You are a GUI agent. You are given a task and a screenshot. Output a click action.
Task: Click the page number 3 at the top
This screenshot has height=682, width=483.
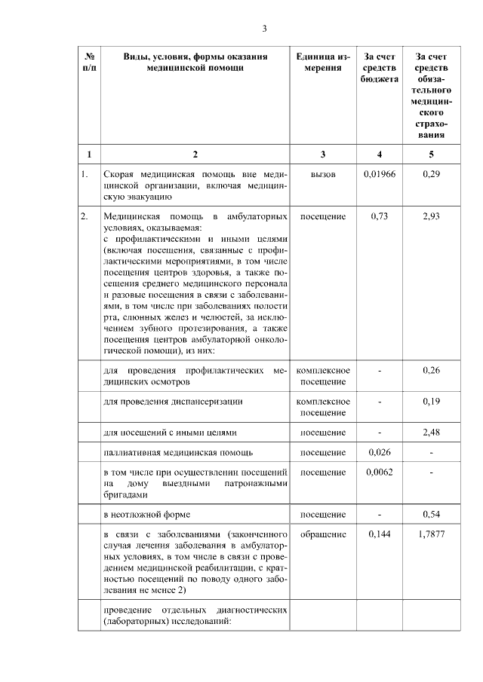click(264, 29)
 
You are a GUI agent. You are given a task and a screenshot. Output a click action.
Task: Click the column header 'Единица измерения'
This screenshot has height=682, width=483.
click(322, 61)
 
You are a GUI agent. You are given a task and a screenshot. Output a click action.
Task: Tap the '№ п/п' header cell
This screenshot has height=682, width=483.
click(89, 61)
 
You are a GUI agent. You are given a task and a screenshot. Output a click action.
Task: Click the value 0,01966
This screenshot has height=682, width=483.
click(379, 174)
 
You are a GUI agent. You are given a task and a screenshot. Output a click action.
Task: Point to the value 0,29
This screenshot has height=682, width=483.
click(431, 174)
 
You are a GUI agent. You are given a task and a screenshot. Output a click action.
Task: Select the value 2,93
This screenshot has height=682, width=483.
click(431, 216)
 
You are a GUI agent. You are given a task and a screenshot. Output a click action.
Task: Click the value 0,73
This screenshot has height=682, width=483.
click(379, 216)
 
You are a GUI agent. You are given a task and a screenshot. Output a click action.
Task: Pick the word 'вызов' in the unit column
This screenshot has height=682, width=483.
click(322, 174)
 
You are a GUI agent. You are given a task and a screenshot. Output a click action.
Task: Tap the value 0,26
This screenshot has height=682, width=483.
click(431, 370)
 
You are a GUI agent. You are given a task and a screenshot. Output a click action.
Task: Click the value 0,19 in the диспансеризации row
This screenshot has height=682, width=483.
click(431, 402)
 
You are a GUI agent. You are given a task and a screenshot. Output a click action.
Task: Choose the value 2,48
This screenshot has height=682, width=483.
click(431, 433)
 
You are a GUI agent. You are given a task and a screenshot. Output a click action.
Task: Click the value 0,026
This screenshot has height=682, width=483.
click(379, 452)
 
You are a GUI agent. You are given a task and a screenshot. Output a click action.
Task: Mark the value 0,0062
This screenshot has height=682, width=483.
click(379, 472)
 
